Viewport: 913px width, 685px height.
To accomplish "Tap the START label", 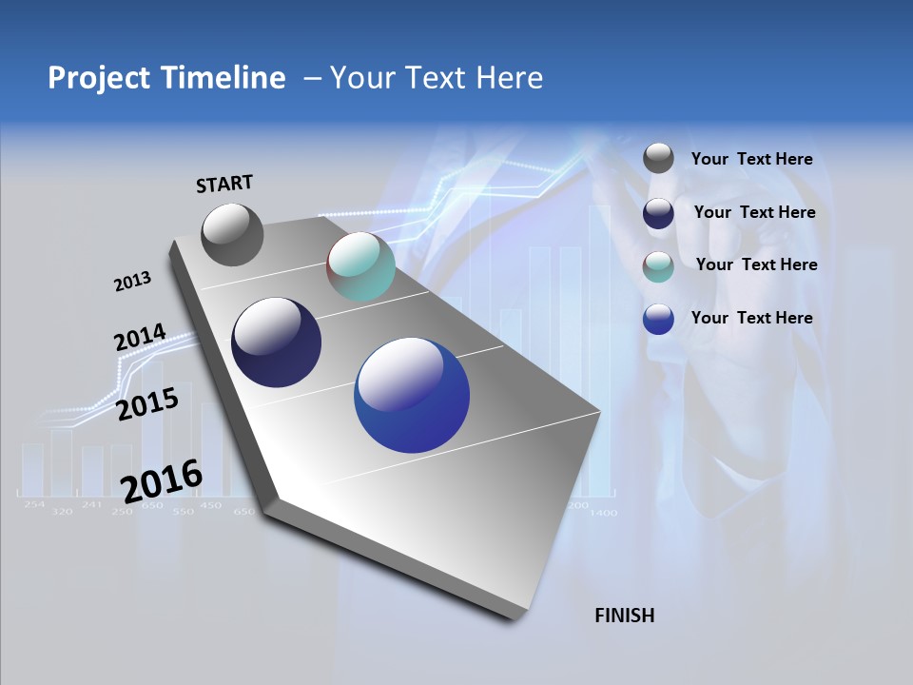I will pos(224,184).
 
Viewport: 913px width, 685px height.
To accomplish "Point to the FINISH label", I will pos(624,616).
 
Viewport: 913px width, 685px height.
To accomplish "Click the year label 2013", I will pos(132,282).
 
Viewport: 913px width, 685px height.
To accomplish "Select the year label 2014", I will pos(140,338).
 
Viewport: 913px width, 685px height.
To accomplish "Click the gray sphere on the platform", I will pos(232,234).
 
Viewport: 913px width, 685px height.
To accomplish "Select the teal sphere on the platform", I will pos(360,266).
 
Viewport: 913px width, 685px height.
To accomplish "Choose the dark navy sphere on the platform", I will pos(277,342).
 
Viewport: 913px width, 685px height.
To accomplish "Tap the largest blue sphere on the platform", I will pos(412,394).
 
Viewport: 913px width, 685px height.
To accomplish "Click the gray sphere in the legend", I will pos(658,159).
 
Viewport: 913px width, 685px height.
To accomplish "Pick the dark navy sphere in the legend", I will pos(658,213).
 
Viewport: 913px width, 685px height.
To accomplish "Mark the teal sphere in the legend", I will pos(658,266).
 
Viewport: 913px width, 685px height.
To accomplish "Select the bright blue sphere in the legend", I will pos(658,320).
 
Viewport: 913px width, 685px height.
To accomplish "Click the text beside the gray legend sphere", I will pos(751,160).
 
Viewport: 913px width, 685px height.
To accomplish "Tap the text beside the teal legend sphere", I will pos(756,264).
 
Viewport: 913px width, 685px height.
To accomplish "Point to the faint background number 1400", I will pos(602,513).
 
